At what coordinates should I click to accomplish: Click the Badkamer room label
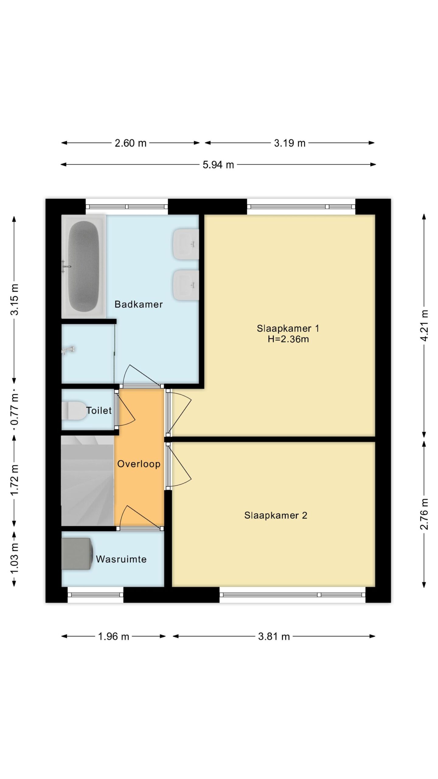(x=138, y=304)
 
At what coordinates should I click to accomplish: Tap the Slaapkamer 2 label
(x=276, y=515)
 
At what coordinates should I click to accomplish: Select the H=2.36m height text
(x=288, y=339)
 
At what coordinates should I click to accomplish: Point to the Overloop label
(x=139, y=464)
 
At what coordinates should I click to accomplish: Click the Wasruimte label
(x=121, y=559)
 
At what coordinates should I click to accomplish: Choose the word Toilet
(x=99, y=410)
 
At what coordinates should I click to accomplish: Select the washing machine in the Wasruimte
(x=77, y=554)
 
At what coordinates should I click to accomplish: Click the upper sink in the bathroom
(x=186, y=244)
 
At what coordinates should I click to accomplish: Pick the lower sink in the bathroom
(x=186, y=285)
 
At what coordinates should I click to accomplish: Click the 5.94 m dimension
(x=218, y=165)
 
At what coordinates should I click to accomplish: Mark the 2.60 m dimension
(x=130, y=143)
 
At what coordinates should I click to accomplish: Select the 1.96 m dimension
(x=113, y=636)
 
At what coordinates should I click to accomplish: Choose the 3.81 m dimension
(x=274, y=636)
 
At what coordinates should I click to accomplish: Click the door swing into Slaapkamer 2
(x=179, y=466)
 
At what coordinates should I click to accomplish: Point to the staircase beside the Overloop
(x=88, y=480)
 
